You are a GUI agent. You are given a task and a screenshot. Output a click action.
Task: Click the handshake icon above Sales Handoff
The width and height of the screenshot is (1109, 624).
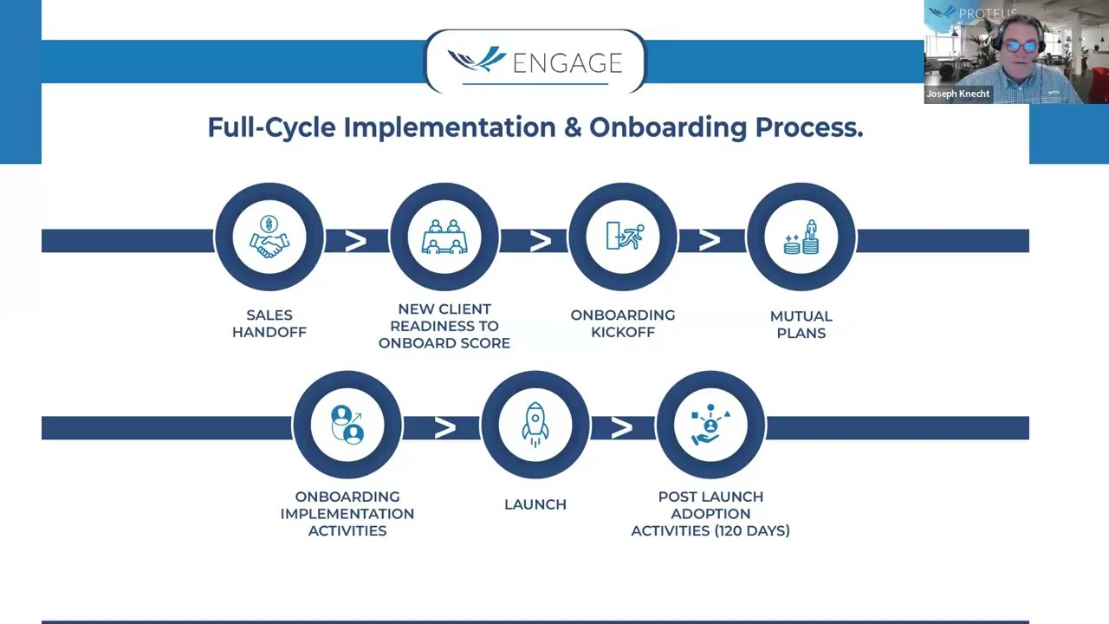coord(269,237)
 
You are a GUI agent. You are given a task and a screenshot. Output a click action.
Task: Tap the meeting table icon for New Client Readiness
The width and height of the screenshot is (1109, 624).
coord(444,237)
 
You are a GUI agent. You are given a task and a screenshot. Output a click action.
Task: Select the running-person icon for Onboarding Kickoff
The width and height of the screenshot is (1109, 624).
coord(623,236)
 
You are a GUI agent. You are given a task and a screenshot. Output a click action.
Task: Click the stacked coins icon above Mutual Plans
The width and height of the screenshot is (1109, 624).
coord(801,237)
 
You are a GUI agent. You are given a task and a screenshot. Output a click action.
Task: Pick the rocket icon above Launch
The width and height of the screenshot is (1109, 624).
coord(535,425)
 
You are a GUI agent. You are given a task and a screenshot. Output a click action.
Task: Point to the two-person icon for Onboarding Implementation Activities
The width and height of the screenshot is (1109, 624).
coord(347,425)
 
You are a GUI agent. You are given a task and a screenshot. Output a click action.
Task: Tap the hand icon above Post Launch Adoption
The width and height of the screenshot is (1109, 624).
coord(710,426)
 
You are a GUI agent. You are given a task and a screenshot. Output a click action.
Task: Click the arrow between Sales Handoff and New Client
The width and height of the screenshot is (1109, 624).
coord(355,241)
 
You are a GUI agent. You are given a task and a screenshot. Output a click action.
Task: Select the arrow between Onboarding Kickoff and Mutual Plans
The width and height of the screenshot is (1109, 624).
coord(710,240)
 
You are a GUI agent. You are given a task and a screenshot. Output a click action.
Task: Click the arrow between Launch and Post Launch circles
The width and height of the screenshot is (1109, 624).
coord(622,427)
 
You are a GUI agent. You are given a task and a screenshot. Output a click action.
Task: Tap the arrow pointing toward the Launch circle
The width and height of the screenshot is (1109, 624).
coord(444,427)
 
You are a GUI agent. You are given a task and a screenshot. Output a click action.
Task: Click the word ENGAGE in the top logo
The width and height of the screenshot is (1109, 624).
coord(567,63)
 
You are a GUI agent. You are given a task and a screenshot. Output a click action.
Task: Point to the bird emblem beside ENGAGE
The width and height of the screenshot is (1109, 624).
coord(477,60)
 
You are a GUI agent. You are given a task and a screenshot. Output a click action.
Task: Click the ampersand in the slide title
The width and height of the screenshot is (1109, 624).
coord(572,127)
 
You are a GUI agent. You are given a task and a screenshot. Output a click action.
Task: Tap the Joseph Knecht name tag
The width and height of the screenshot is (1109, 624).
coord(957,94)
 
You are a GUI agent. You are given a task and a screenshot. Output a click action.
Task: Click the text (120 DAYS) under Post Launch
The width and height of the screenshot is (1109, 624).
coord(750,530)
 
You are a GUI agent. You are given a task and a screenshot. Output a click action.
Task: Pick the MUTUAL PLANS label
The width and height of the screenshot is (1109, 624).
coord(801,324)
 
